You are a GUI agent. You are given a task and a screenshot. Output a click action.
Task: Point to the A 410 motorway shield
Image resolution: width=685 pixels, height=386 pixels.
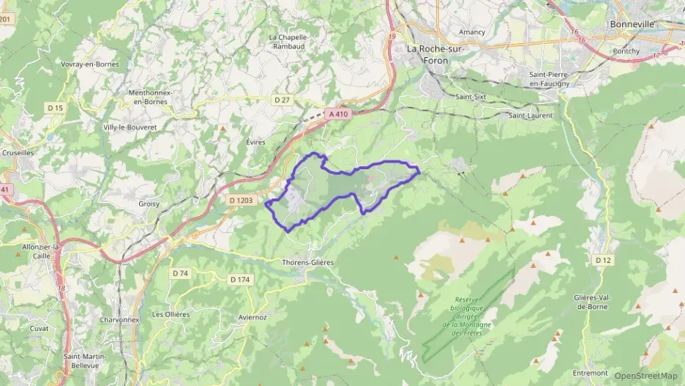[338, 114]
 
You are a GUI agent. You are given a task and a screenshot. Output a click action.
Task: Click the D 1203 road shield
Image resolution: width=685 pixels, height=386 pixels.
[242, 200]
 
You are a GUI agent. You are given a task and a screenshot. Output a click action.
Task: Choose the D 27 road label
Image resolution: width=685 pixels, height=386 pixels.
[282, 100]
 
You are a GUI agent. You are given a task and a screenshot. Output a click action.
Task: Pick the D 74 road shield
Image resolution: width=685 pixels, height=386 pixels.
[180, 273]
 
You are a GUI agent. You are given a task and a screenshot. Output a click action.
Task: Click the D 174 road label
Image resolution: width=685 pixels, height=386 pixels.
[240, 279]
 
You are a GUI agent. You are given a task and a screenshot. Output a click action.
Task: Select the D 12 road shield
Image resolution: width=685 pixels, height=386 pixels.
[603, 260]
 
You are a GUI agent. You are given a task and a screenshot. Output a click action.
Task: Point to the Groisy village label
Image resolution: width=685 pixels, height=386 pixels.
[149, 204]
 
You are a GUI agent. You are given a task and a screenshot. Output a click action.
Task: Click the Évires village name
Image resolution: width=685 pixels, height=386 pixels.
[256, 142]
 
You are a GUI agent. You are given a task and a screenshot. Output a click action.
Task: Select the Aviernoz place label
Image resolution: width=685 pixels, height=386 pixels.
[252, 317]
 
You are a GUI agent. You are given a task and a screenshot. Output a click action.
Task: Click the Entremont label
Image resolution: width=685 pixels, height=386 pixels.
[591, 373]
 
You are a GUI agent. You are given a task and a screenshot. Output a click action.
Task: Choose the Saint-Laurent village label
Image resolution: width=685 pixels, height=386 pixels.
[531, 115]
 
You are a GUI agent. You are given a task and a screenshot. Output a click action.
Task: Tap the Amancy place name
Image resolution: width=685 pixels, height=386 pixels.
[472, 31]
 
